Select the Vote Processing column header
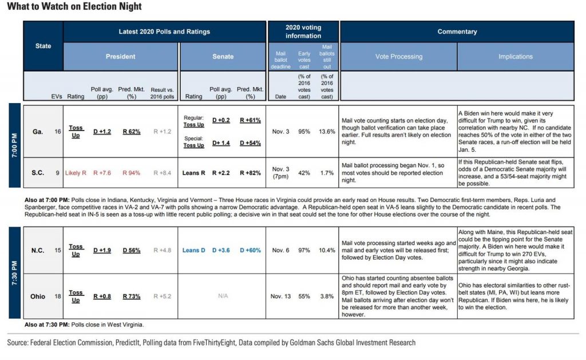[398, 57]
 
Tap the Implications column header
[515, 57]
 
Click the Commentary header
[457, 31]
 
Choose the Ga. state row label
[38, 131]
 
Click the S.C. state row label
[38, 172]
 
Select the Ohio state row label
[38, 296]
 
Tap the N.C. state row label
[38, 250]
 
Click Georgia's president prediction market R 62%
[132, 131]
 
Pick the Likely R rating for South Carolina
[76, 172]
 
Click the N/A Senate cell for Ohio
[223, 296]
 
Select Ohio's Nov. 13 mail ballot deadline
[280, 296]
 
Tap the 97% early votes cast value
[304, 250]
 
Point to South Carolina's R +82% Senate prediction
[251, 172]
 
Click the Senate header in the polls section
[223, 57]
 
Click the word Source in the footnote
[19, 343]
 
